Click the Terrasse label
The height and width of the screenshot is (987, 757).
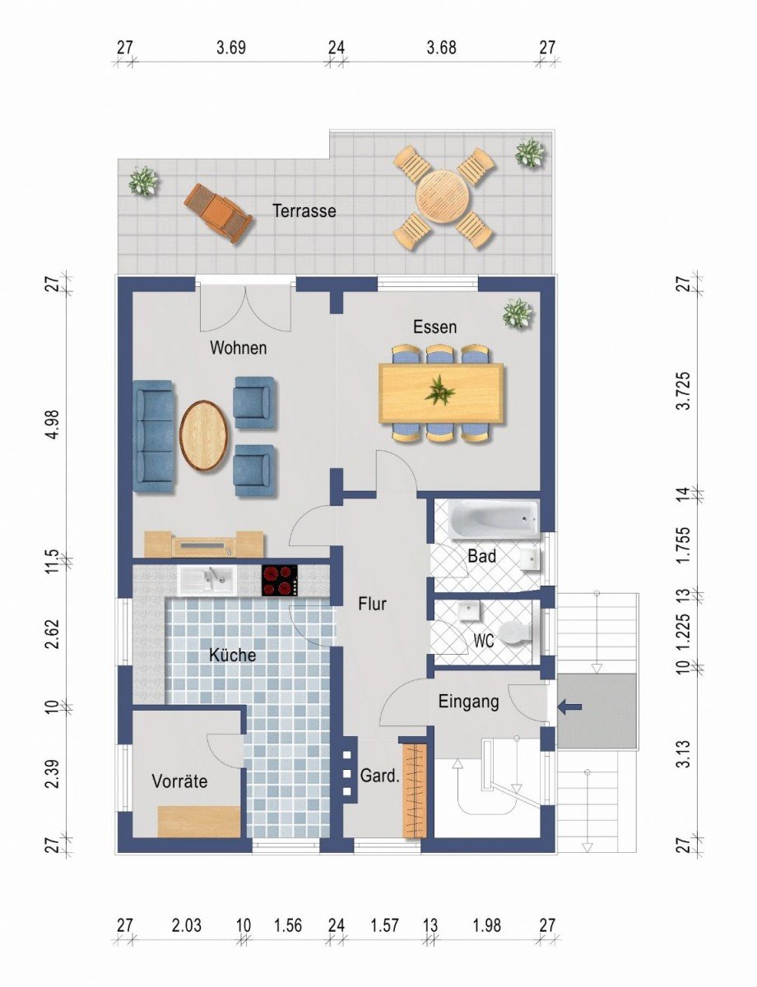click(x=304, y=211)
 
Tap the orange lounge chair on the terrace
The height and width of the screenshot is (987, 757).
click(x=218, y=212)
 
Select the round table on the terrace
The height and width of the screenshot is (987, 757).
click(x=443, y=197)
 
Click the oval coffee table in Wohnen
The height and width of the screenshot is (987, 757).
click(x=203, y=435)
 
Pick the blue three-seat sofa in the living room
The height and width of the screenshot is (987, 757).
click(x=154, y=436)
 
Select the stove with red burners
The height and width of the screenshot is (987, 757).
click(x=279, y=580)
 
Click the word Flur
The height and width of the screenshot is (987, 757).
click(x=372, y=604)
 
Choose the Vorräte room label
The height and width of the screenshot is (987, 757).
click(x=179, y=781)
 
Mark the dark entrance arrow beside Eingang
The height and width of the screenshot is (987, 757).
click(x=570, y=706)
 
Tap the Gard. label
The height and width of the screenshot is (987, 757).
click(x=379, y=776)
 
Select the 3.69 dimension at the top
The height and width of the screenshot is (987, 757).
click(x=231, y=48)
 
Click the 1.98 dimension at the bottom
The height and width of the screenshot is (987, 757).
click(x=486, y=926)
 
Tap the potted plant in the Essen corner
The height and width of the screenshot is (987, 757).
click(x=518, y=313)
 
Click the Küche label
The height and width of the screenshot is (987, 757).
click(x=232, y=656)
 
